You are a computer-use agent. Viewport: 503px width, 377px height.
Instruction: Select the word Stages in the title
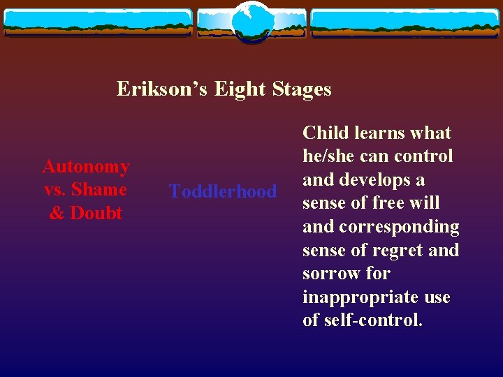point(300,89)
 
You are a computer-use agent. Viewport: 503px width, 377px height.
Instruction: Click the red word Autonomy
point(86,166)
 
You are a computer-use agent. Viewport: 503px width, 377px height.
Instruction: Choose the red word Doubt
point(95,213)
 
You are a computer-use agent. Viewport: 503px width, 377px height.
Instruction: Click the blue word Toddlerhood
point(223,191)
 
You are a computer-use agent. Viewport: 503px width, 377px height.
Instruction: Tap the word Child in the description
point(324,133)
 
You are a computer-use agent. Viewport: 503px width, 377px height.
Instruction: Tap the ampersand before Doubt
point(56,213)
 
